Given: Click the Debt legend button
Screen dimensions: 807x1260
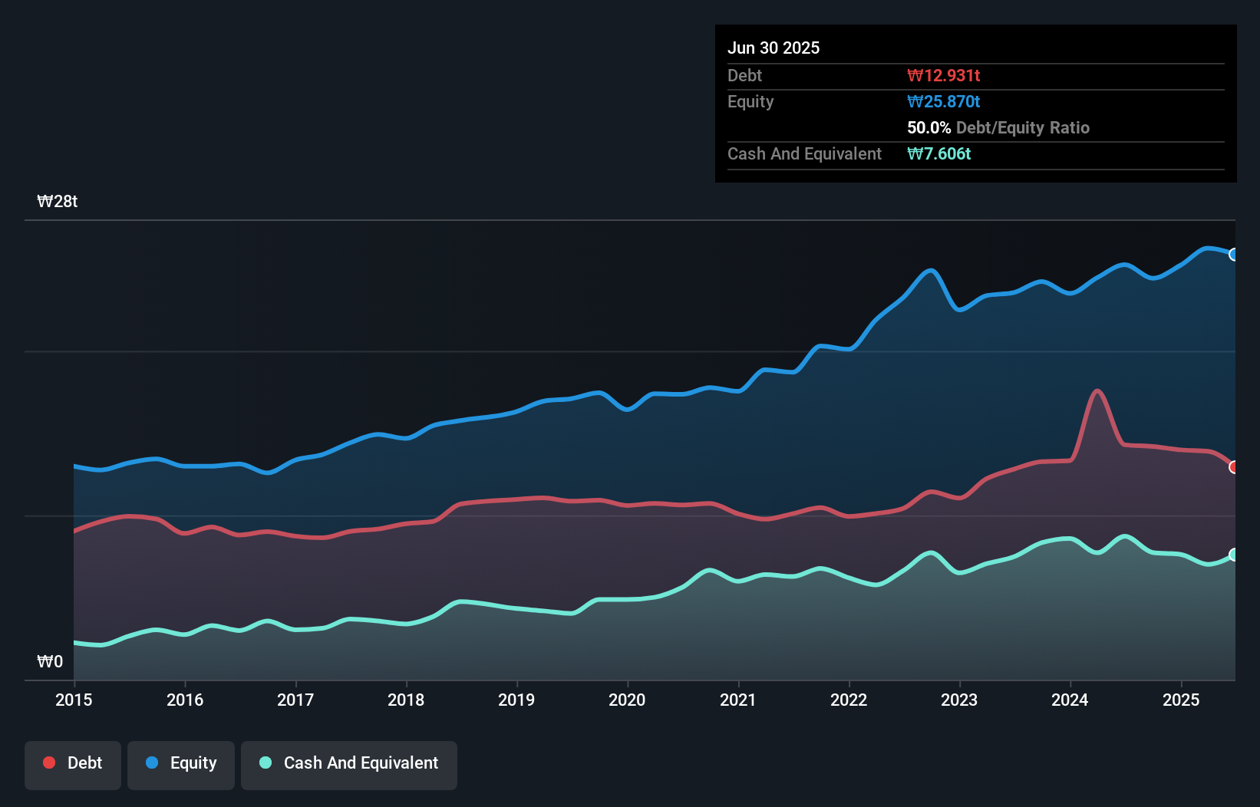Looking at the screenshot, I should pyautogui.click(x=73, y=763).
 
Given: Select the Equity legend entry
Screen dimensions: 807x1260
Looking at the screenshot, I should pyautogui.click(x=181, y=763).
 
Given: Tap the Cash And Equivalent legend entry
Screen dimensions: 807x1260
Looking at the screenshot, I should pyautogui.click(x=349, y=763).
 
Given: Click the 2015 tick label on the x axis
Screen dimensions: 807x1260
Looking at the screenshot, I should pyautogui.click(x=74, y=700).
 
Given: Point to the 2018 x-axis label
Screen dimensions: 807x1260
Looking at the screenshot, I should pyautogui.click(x=406, y=700).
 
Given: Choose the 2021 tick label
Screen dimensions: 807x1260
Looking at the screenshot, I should pyautogui.click(x=737, y=700).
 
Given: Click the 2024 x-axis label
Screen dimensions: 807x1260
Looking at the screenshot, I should pyautogui.click(x=1070, y=700).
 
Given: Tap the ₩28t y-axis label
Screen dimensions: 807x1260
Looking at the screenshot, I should pyautogui.click(x=58, y=202).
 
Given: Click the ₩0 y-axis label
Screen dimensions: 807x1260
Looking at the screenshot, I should pyautogui.click(x=50, y=661).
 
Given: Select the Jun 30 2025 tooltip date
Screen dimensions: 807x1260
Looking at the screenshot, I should pyautogui.click(x=773, y=48).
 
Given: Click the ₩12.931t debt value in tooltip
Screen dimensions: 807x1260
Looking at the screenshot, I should pyautogui.click(x=943, y=75).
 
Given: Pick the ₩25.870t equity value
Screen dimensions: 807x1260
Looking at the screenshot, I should pyautogui.click(x=943, y=101).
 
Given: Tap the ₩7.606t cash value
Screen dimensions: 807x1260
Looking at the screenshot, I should pyautogui.click(x=938, y=153).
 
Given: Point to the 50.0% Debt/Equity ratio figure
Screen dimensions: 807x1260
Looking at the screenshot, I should pyautogui.click(x=929, y=127).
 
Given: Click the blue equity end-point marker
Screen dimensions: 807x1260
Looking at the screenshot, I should pyautogui.click(x=1233, y=255).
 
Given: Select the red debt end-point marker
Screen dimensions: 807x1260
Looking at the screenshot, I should pyautogui.click(x=1233, y=467).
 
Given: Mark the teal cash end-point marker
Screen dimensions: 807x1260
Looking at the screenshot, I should pyautogui.click(x=1233, y=555).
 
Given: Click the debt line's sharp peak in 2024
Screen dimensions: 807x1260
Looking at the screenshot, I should pyautogui.click(x=1097, y=391).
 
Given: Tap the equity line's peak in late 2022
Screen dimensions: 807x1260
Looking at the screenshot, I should pyautogui.click(x=931, y=270).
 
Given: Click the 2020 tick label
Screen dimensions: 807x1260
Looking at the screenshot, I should pyautogui.click(x=627, y=700).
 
